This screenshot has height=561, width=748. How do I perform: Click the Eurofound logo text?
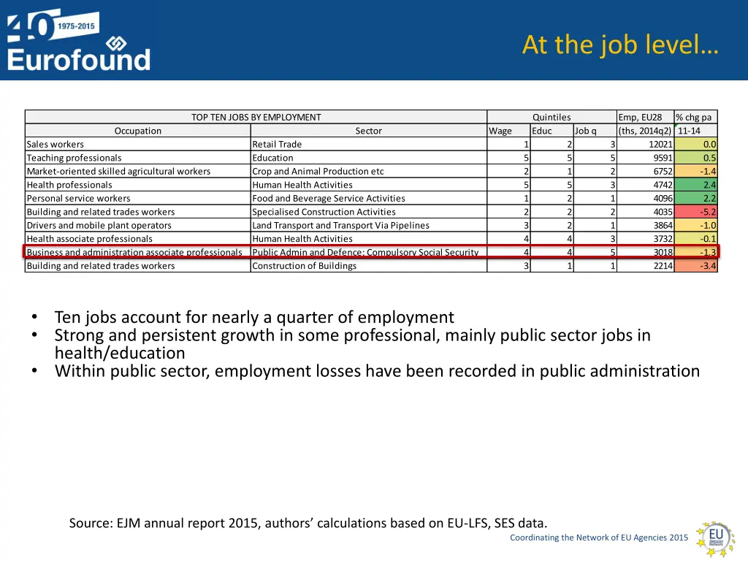[x=79, y=58]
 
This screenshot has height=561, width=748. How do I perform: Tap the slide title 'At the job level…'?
[x=620, y=45]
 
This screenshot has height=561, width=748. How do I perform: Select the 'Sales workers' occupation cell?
[x=56, y=145]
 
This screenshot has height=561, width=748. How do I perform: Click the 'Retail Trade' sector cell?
[x=277, y=145]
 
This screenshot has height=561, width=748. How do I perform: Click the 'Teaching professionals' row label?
[x=75, y=158]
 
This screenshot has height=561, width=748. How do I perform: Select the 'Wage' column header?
[x=500, y=131]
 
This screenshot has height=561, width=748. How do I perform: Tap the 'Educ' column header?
[x=542, y=131]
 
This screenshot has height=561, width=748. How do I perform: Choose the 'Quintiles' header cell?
[x=552, y=117]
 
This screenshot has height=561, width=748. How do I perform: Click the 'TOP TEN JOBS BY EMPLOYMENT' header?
[x=256, y=117]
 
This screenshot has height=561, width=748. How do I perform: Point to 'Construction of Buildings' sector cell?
[x=305, y=266]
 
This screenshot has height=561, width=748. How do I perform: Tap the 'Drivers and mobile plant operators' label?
[x=99, y=226]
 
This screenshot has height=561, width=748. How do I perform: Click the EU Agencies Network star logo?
[x=714, y=538]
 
